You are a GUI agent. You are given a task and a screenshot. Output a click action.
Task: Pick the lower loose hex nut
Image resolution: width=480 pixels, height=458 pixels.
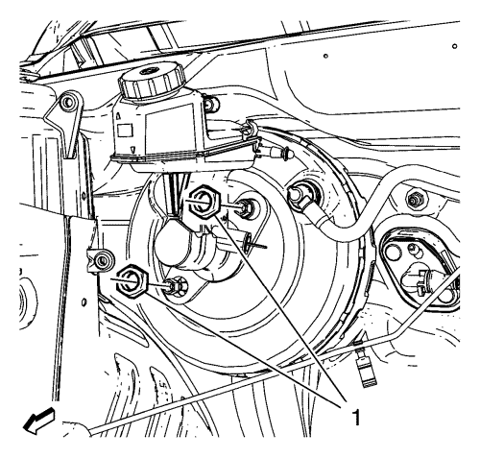pos(132,280)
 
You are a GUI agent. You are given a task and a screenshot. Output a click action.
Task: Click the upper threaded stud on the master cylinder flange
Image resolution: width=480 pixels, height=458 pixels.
pos(245,207)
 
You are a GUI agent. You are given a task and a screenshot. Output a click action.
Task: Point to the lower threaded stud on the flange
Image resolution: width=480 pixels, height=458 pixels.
pos(174,285)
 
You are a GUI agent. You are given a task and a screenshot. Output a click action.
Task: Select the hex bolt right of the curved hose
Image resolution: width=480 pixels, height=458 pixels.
pos(415,200)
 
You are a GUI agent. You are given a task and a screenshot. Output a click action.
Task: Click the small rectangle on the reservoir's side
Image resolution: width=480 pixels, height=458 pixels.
pos(125,131)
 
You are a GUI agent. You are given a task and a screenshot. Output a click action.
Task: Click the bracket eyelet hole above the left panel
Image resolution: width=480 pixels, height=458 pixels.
pos(68,103)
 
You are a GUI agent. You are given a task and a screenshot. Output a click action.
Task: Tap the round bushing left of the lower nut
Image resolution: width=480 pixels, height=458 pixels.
pos(103,260)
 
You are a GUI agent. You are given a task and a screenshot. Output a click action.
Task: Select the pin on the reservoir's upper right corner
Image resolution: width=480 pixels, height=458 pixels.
pos(211,104)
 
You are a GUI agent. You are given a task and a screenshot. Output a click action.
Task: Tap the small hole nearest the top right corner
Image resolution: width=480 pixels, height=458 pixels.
pos(454,46)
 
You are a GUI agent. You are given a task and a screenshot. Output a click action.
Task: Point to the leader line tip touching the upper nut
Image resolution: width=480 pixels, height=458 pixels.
pos(215,215)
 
